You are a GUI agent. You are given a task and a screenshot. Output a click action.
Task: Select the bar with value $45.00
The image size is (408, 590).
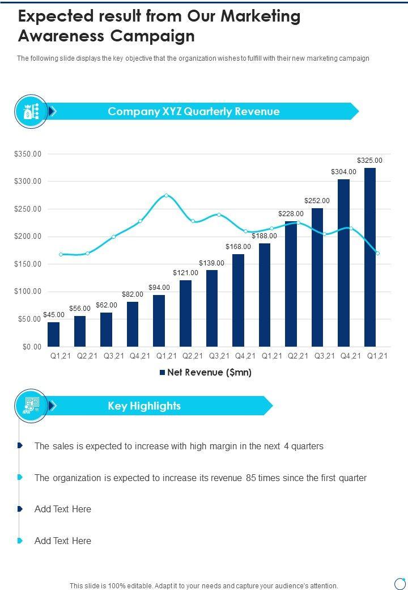click(x=53, y=334)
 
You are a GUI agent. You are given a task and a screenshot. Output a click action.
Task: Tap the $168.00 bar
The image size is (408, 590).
click(x=238, y=300)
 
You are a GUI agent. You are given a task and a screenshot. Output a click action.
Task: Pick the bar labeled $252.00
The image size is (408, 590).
click(x=317, y=277)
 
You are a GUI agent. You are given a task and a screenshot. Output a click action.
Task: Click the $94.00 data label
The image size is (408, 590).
click(x=159, y=288)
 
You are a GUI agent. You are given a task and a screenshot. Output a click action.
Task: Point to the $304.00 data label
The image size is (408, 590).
click(x=344, y=172)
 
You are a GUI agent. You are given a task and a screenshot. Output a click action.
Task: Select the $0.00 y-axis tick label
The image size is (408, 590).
click(x=32, y=347)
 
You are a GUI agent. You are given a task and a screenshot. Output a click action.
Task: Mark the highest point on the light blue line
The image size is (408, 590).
click(x=166, y=196)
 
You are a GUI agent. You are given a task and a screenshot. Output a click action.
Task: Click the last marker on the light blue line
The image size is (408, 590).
click(x=377, y=253)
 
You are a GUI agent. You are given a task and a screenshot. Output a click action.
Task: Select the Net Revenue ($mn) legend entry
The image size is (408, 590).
click(x=205, y=373)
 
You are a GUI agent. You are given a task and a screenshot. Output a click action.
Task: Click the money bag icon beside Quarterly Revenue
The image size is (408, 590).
click(x=31, y=111)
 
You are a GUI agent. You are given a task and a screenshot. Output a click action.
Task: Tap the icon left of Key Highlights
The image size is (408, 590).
click(x=31, y=406)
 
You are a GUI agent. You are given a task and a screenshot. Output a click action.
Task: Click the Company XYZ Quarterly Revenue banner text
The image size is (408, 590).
click(x=194, y=111)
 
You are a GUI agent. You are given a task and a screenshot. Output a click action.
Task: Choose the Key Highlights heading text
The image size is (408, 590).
click(x=144, y=406)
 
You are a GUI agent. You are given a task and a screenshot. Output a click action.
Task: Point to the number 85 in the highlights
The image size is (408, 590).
click(x=251, y=478)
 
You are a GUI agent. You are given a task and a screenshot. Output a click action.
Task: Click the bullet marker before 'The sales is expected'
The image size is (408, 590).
click(x=20, y=446)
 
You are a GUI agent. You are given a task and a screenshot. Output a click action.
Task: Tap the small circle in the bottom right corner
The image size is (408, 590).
click(x=400, y=583)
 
